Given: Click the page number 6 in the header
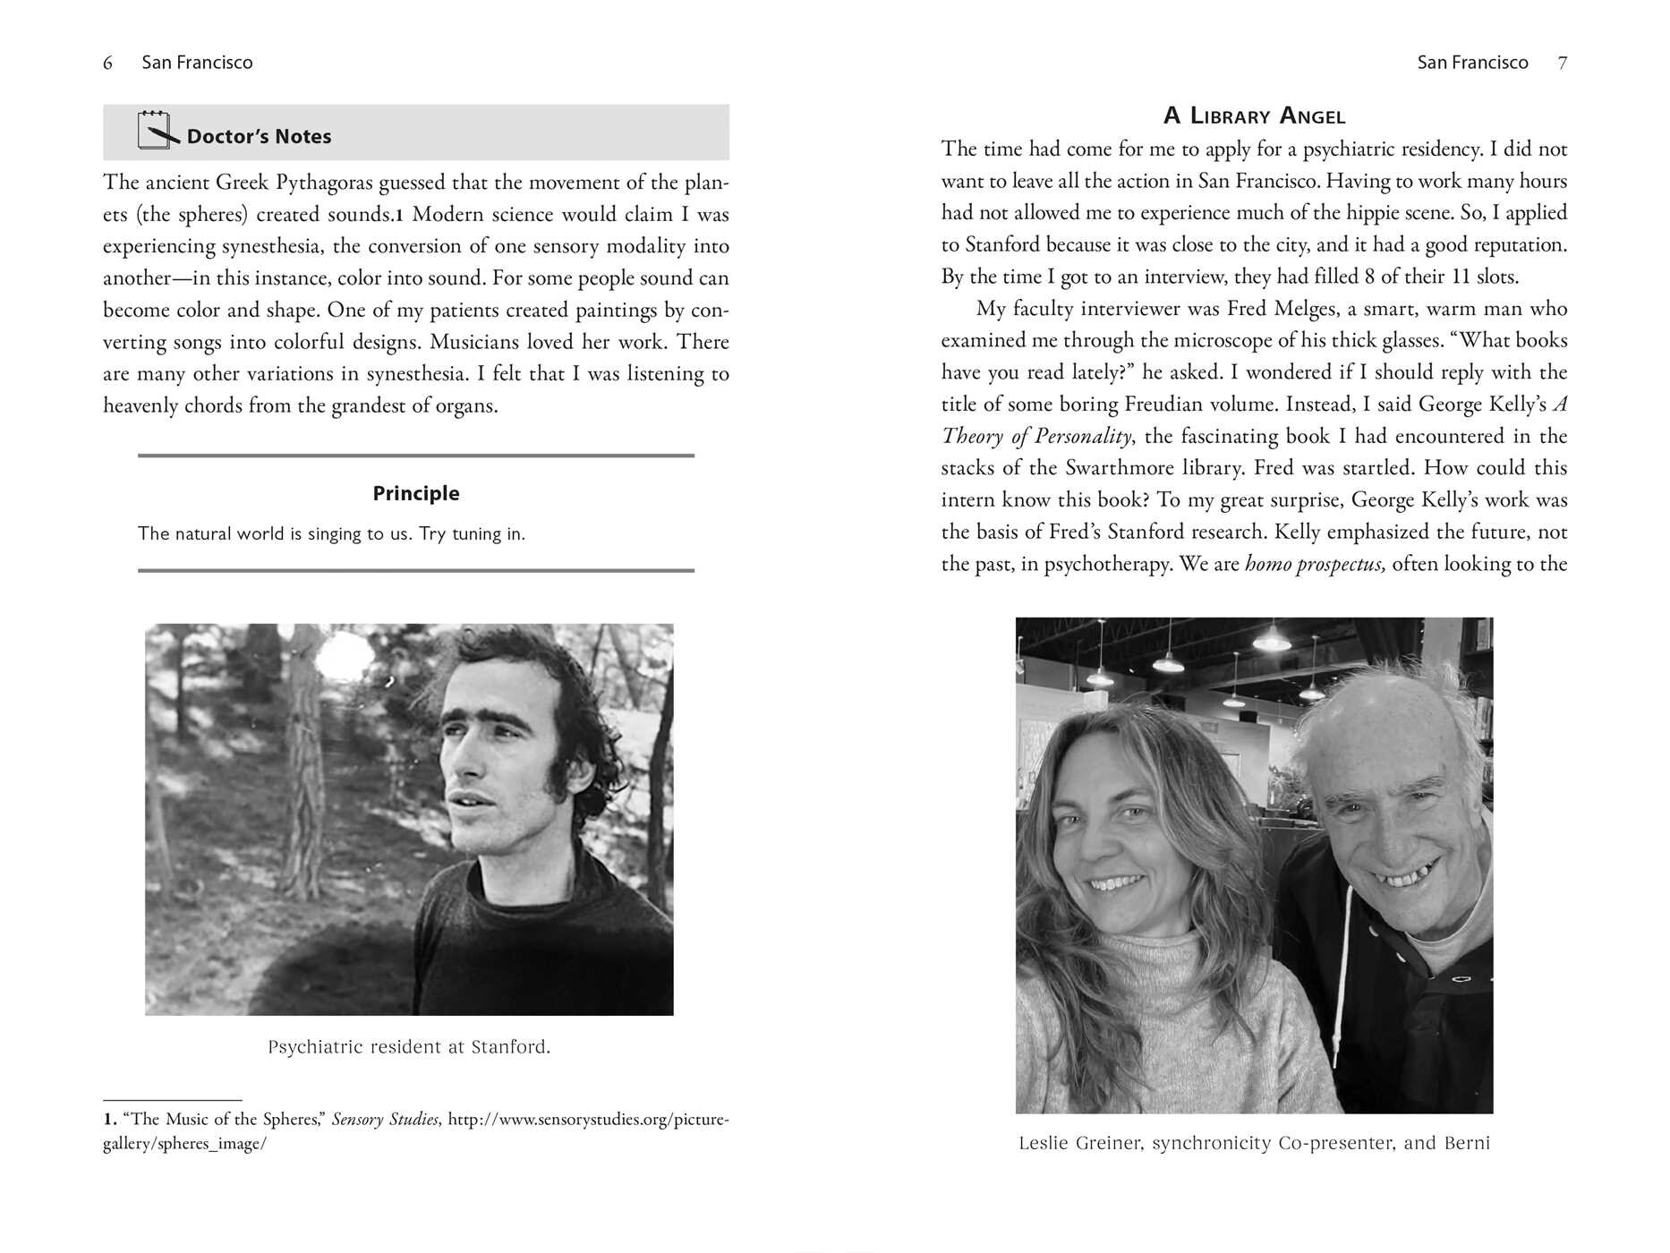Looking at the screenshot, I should (108, 63).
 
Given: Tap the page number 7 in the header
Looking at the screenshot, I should (1562, 63).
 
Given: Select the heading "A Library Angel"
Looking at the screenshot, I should (1254, 115).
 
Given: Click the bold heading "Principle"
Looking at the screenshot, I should (416, 493).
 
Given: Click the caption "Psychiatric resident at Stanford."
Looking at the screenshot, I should (409, 1046).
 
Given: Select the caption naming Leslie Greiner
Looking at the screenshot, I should (1254, 1143).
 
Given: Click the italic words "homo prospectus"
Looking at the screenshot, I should (1315, 564).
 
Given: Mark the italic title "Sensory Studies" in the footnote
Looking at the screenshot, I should (385, 1120).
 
